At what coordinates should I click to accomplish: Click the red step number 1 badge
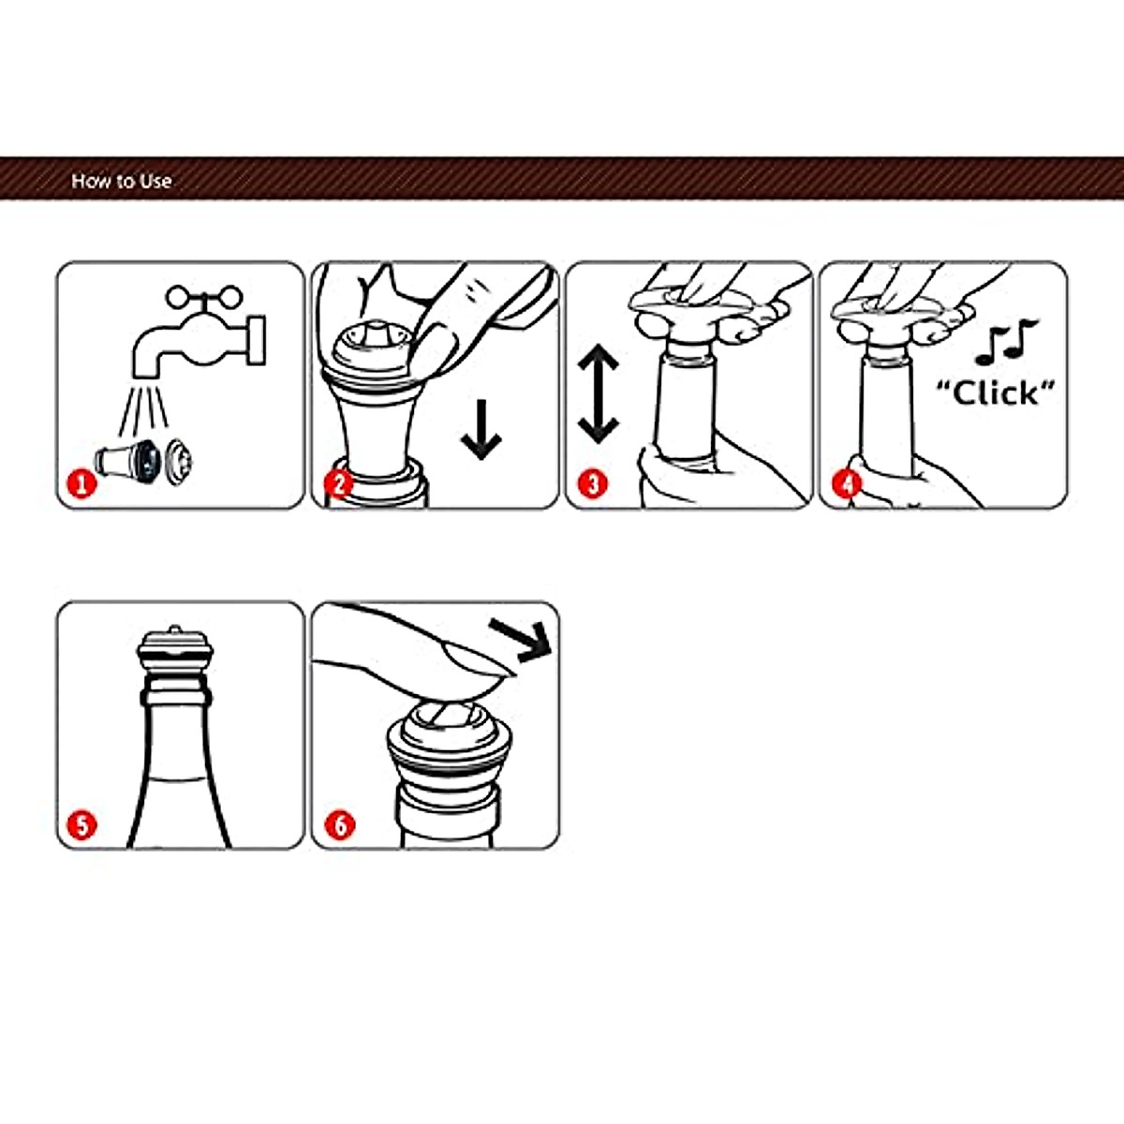81,484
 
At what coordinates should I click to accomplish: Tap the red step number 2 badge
339,484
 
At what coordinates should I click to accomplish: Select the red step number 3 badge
593,484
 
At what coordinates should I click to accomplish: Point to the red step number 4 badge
848,484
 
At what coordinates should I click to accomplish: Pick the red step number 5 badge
81,825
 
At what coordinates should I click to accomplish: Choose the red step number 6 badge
339,825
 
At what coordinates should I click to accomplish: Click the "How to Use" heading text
122,181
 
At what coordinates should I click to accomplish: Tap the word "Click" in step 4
997,392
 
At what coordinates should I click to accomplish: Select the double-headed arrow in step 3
598,394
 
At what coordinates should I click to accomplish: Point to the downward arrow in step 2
481,430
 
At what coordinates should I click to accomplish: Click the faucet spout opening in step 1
146,375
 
